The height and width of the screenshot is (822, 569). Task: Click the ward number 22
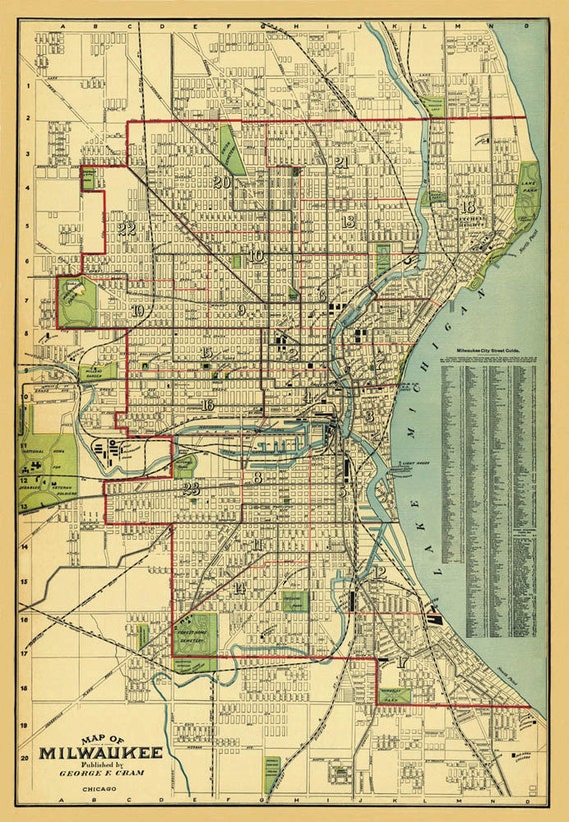point(126,227)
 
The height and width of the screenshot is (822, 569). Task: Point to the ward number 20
point(222,182)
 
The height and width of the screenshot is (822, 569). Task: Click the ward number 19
point(136,311)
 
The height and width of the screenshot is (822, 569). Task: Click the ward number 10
point(256,256)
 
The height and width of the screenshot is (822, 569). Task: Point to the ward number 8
point(258,479)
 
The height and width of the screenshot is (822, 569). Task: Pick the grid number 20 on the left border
point(23,758)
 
